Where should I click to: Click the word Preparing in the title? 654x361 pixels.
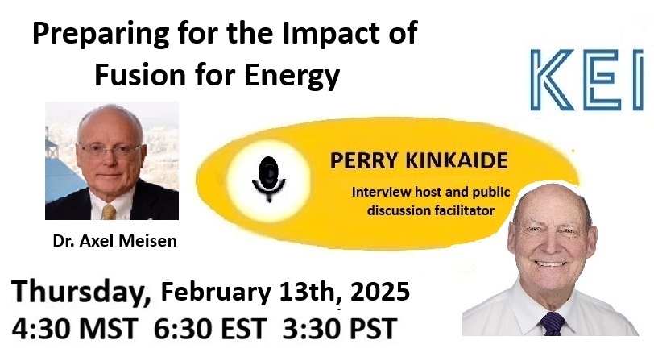point(101,34)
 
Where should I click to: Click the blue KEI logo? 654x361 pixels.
point(587,80)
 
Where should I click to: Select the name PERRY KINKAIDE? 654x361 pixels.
point(419,160)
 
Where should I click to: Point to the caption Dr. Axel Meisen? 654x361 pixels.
point(114,241)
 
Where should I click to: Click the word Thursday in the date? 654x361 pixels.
point(81,293)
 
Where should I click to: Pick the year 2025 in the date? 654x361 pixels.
point(380,292)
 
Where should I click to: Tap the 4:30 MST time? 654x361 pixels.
point(75,329)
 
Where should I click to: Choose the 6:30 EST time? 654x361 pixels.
point(210,329)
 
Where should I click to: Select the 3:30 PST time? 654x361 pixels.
point(340,329)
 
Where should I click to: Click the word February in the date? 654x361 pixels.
point(216,293)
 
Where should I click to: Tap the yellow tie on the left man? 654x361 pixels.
point(109,212)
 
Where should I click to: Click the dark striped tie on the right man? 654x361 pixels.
point(553,324)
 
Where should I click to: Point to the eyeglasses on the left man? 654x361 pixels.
point(110,150)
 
